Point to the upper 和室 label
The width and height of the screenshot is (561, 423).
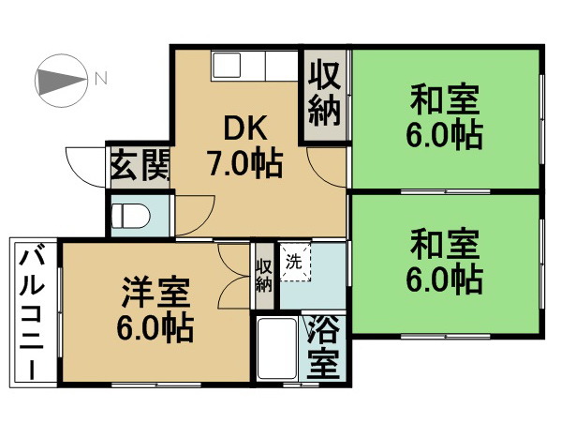click(445, 98)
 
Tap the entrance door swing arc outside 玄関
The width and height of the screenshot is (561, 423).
click(84, 164)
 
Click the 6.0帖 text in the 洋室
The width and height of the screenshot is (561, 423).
click(156, 330)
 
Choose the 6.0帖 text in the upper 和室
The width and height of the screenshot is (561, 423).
click(445, 137)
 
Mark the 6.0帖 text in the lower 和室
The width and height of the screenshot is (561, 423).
click(445, 279)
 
